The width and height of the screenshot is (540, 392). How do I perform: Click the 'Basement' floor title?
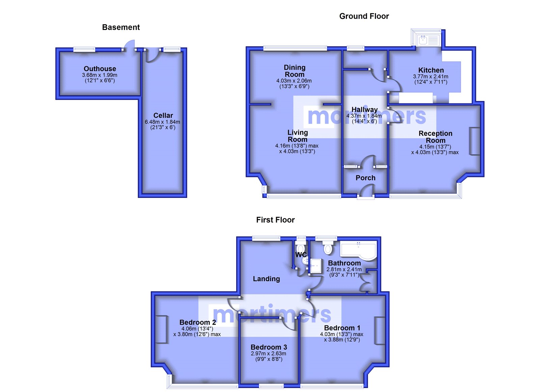[121, 27]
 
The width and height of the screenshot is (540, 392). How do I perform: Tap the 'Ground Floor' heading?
[364, 16]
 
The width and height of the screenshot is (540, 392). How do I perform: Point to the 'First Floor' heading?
[275, 220]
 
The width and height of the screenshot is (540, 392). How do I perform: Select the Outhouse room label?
[100, 69]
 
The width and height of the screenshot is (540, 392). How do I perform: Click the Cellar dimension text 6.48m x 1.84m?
[162, 122]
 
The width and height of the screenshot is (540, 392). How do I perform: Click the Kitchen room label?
[431, 70]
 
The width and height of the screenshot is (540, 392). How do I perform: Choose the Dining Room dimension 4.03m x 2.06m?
[294, 81]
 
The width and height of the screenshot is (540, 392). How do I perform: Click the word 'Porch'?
[366, 178]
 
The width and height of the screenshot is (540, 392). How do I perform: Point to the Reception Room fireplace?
[475, 141]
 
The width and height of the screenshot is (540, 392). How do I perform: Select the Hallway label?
[364, 110]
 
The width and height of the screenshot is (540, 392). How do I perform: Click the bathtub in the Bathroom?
[358, 251]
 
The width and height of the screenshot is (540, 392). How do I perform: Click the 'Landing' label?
[266, 279]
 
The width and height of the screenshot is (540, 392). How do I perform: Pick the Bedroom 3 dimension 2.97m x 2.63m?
[269, 354]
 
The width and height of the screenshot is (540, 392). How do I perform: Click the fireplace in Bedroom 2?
[161, 329]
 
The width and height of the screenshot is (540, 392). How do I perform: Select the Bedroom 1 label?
[342, 328]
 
